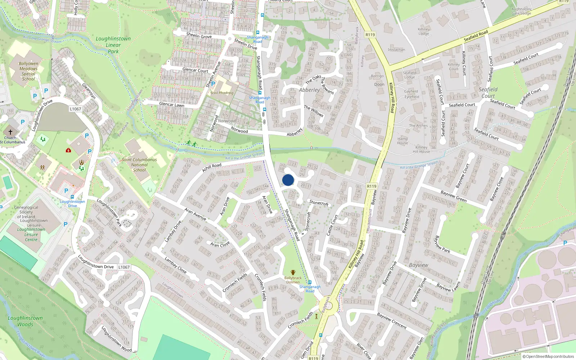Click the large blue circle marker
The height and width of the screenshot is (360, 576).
point(288,180)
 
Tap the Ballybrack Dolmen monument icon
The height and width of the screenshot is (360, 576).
point(293,273)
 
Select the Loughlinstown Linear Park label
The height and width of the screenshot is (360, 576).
point(113,45)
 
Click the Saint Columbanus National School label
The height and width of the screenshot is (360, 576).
point(139,165)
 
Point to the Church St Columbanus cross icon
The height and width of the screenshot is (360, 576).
point(10,132)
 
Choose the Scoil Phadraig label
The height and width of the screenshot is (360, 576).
point(222,93)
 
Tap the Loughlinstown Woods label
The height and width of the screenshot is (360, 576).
point(25,321)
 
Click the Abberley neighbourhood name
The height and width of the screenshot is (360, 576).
point(309,90)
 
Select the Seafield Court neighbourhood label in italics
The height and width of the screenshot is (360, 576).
point(488,93)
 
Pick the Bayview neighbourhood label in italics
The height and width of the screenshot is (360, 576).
point(419,265)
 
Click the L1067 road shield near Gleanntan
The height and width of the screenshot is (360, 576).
point(75,109)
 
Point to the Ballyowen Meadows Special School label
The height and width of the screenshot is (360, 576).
point(28,71)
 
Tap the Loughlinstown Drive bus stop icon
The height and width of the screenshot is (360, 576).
point(73,197)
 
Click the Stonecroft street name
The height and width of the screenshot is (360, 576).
point(319,203)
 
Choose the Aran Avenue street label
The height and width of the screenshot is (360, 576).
point(195,214)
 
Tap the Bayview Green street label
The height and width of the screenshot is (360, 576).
point(454,196)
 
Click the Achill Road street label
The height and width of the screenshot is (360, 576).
point(212,167)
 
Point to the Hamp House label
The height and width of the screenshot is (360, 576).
point(402,141)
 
